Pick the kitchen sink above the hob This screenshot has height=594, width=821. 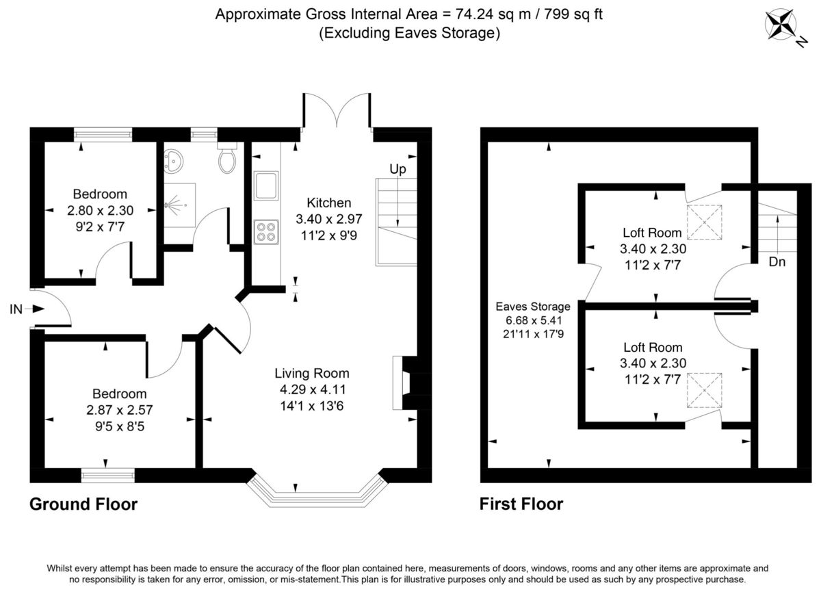coord(265,186)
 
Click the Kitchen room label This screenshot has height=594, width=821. coord(328,203)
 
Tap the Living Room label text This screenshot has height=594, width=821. coord(312,374)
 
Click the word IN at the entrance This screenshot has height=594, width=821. coord(16,310)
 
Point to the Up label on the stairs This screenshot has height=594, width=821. coord(398,168)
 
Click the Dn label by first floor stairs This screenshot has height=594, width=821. coord(777,261)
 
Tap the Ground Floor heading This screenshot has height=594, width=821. coord(83,505)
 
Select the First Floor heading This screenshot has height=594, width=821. coord(521,505)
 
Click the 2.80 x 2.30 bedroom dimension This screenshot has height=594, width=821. coord(101,210)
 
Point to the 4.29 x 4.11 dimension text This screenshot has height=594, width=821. coord(312,389)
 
